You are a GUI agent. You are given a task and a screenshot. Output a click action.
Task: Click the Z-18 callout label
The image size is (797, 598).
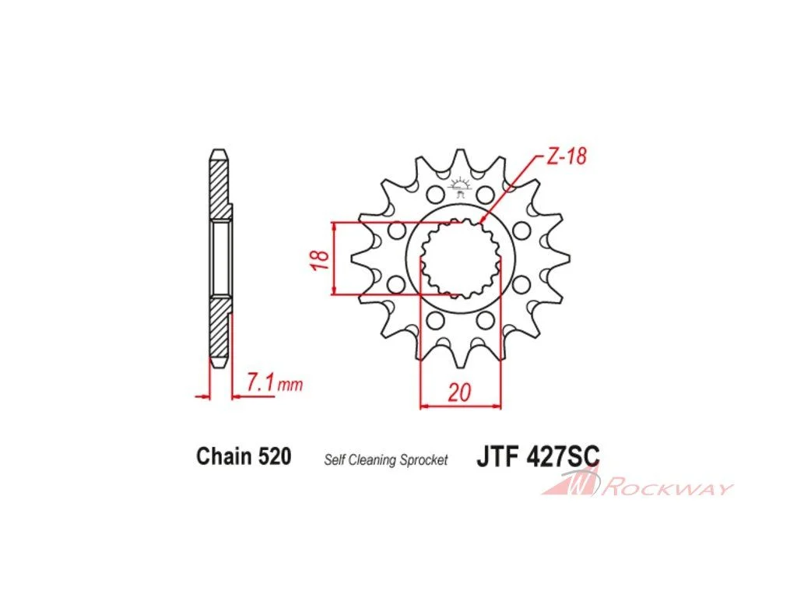[567, 156]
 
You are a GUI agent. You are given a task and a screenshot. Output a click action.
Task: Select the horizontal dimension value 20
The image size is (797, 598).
[459, 392]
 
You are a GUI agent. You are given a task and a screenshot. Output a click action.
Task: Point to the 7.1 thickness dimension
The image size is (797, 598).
[261, 382]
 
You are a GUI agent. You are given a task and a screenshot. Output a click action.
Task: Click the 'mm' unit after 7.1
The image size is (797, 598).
[290, 385]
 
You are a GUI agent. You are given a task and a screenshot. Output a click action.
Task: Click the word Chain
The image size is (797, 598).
[225, 456]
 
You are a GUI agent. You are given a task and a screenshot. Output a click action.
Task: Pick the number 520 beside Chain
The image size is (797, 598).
[275, 456]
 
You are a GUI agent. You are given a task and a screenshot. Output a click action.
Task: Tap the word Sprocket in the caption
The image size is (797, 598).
[424, 461]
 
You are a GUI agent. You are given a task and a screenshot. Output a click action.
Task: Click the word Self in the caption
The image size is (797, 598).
[334, 460]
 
